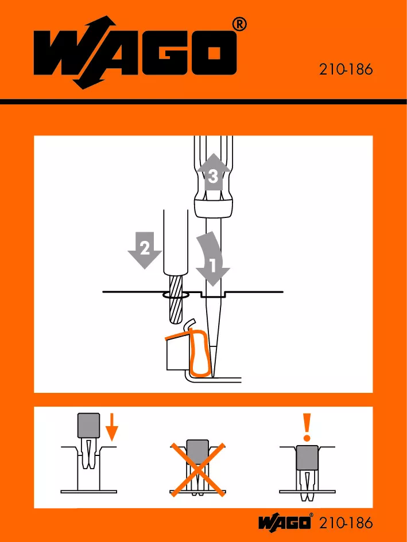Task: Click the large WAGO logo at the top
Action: coord(135,53)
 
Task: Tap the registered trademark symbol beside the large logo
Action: coord(239,25)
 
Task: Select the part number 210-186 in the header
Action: coord(346,69)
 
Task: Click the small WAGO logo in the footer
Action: coord(285,522)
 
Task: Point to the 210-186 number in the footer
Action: coord(346,522)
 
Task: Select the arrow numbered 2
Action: coord(145,250)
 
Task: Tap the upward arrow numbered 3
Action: coord(214,172)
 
